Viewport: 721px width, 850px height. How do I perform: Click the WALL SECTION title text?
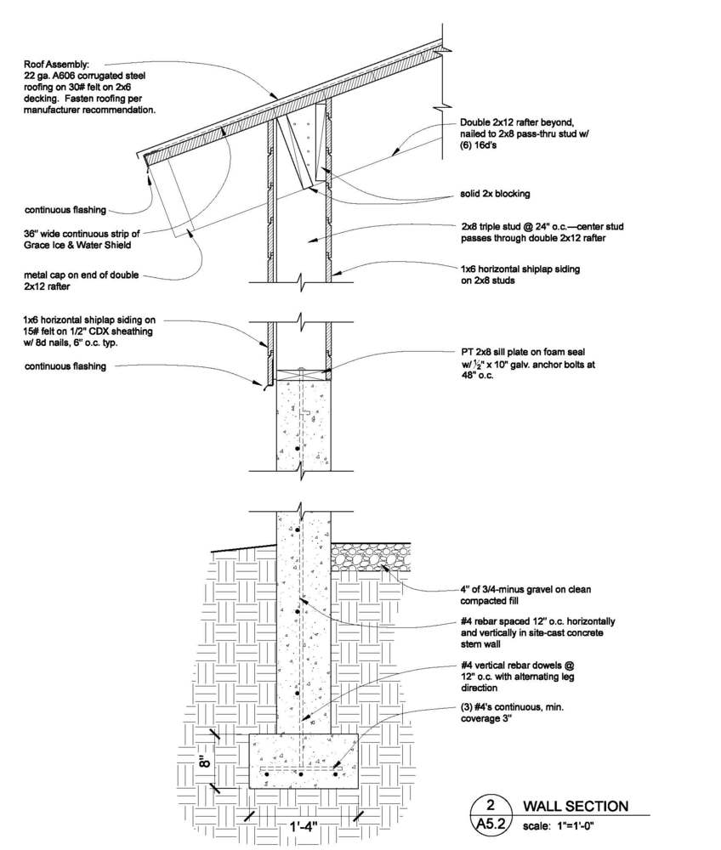pos(575,806)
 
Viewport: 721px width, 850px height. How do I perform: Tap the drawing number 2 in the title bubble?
pos(491,804)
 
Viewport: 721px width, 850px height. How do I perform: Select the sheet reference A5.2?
pos(491,824)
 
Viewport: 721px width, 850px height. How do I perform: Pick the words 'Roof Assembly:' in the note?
pos(57,63)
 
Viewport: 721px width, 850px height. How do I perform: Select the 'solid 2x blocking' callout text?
pos(491,194)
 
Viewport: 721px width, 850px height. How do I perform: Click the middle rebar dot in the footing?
pos(302,775)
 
